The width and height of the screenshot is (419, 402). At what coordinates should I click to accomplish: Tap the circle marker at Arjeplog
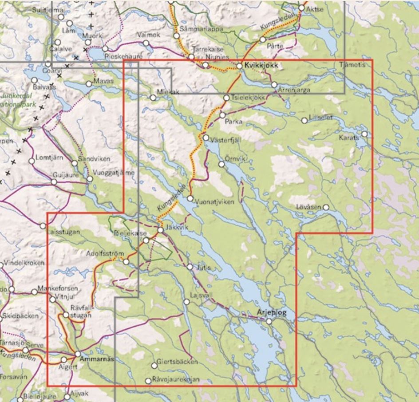point(269,321)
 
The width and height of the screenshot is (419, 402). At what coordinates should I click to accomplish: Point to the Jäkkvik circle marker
point(160,229)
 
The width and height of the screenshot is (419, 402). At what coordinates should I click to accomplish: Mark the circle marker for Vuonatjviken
point(190,198)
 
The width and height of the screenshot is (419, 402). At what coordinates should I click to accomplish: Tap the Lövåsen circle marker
point(326,207)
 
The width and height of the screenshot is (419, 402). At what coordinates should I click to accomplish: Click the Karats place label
point(349,138)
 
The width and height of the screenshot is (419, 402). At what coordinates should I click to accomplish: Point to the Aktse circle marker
point(301,8)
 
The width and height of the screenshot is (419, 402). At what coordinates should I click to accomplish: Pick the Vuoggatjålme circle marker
point(90,179)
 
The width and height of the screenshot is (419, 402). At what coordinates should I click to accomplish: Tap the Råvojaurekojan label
point(176,379)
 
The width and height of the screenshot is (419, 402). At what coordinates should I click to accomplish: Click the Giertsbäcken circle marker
point(154,366)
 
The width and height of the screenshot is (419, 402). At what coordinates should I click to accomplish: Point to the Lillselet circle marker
point(304,120)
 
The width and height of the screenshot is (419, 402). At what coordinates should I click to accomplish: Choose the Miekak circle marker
point(153,97)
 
